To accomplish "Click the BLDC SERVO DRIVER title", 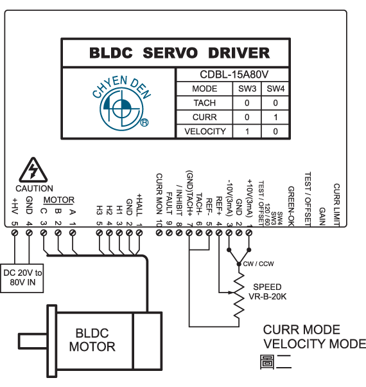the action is point(179,53).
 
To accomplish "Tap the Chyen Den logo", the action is point(121,103).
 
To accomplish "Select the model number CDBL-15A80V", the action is point(234,75).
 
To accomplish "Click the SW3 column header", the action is point(247,89).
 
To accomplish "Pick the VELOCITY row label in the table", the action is point(205,131).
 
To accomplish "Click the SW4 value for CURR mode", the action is point(275,117).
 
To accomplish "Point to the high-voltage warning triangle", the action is point(33,170).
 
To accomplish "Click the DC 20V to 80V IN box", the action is point(22,278).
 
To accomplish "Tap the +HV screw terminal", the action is point(15,233).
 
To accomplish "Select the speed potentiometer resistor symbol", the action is point(239,296).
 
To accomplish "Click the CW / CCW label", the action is point(258,264).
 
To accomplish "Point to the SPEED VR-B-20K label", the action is point(267,291).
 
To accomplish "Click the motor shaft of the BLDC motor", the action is point(33,341).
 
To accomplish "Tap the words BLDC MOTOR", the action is point(92,340).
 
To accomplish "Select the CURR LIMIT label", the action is point(336,204).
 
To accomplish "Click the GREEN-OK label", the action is point(292,206).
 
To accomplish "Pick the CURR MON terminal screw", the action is point(159,233).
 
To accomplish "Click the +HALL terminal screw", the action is point(139,233).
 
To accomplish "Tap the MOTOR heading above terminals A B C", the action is point(59,200).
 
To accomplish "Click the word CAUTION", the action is point(34,188).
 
